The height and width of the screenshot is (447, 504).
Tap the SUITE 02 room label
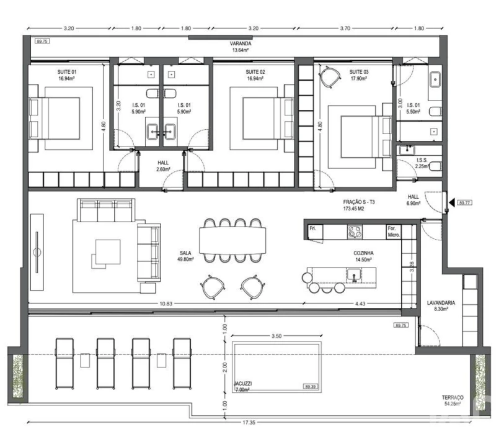(255, 75)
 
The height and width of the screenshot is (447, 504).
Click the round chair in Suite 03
(330, 76)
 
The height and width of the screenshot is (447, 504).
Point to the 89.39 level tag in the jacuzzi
(311, 387)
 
